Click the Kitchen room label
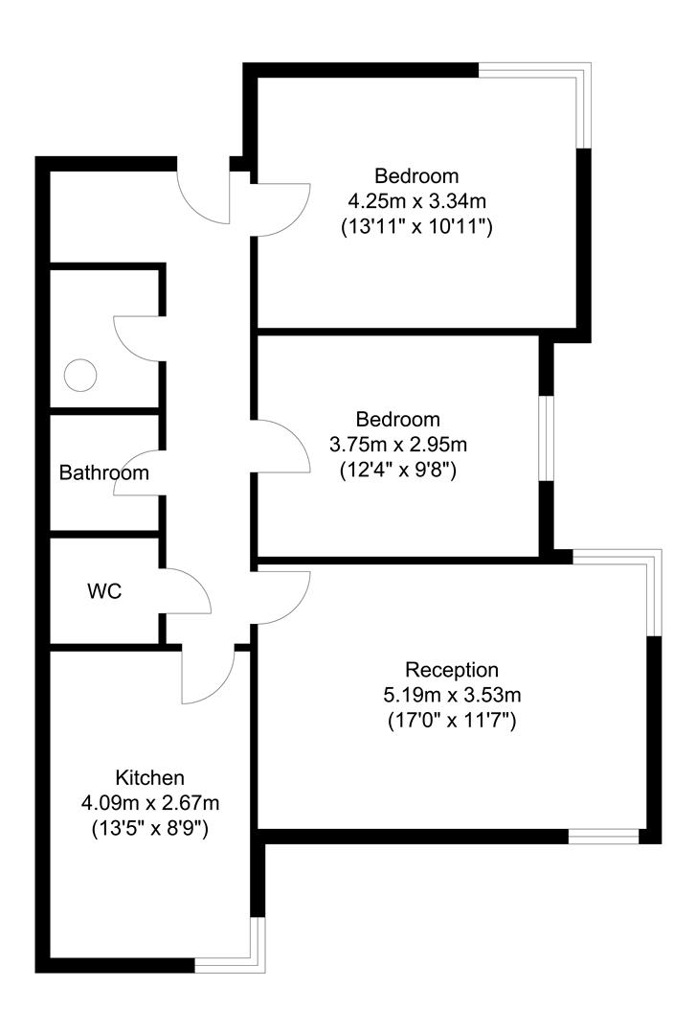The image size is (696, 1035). tap(149, 777)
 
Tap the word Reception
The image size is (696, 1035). tap(452, 670)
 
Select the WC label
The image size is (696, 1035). tap(104, 591)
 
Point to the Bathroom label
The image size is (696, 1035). tap(104, 472)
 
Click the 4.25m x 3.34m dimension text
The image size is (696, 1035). tap(416, 202)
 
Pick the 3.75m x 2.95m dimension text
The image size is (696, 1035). tap(397, 445)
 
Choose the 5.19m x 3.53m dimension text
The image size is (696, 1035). tap(452, 695)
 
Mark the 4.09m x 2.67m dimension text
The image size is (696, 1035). tap(149, 802)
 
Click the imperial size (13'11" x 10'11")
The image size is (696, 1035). tap(416, 228)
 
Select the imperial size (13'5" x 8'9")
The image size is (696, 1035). tap(149, 827)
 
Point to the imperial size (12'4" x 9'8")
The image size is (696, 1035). tap(397, 471)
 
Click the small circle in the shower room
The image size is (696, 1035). tap(80, 374)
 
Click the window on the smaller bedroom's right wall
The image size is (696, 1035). tap(546, 437)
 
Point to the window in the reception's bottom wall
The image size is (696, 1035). tap(603, 837)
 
